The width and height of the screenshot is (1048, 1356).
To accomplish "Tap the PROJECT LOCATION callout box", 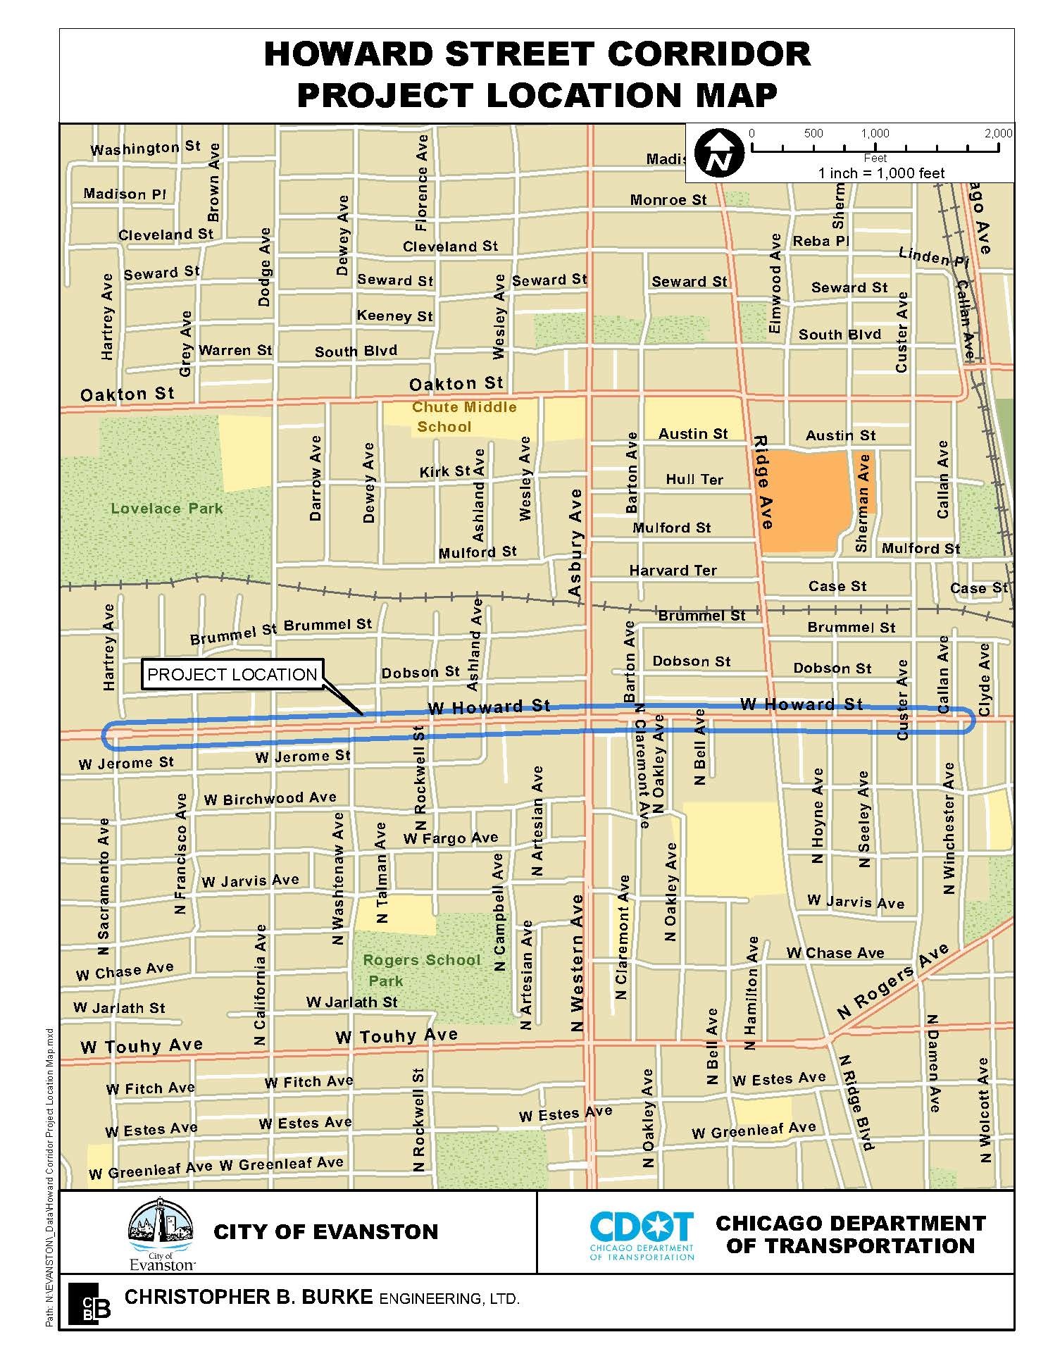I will pyautogui.click(x=232, y=674).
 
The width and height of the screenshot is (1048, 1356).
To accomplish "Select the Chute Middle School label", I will pyautogui.click(x=463, y=416).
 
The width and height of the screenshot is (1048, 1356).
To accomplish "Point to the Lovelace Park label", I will pyautogui.click(x=167, y=508).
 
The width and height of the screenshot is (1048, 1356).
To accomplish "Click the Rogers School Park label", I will pyautogui.click(x=421, y=969).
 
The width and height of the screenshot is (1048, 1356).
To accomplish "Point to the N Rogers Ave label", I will pyautogui.click(x=892, y=982).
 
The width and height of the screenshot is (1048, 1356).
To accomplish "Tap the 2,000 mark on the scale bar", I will pyautogui.click(x=998, y=133).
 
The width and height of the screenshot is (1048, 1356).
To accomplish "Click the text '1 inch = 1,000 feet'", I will pyautogui.click(x=880, y=173).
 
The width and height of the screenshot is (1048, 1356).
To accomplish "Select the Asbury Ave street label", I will pyautogui.click(x=575, y=543).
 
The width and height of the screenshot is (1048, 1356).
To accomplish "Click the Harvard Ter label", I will pyautogui.click(x=673, y=570).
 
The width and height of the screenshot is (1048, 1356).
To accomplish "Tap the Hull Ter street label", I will pyautogui.click(x=694, y=479).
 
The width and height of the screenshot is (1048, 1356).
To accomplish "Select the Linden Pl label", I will pyautogui.click(x=934, y=256).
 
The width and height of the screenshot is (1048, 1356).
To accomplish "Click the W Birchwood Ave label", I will pyautogui.click(x=270, y=798).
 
